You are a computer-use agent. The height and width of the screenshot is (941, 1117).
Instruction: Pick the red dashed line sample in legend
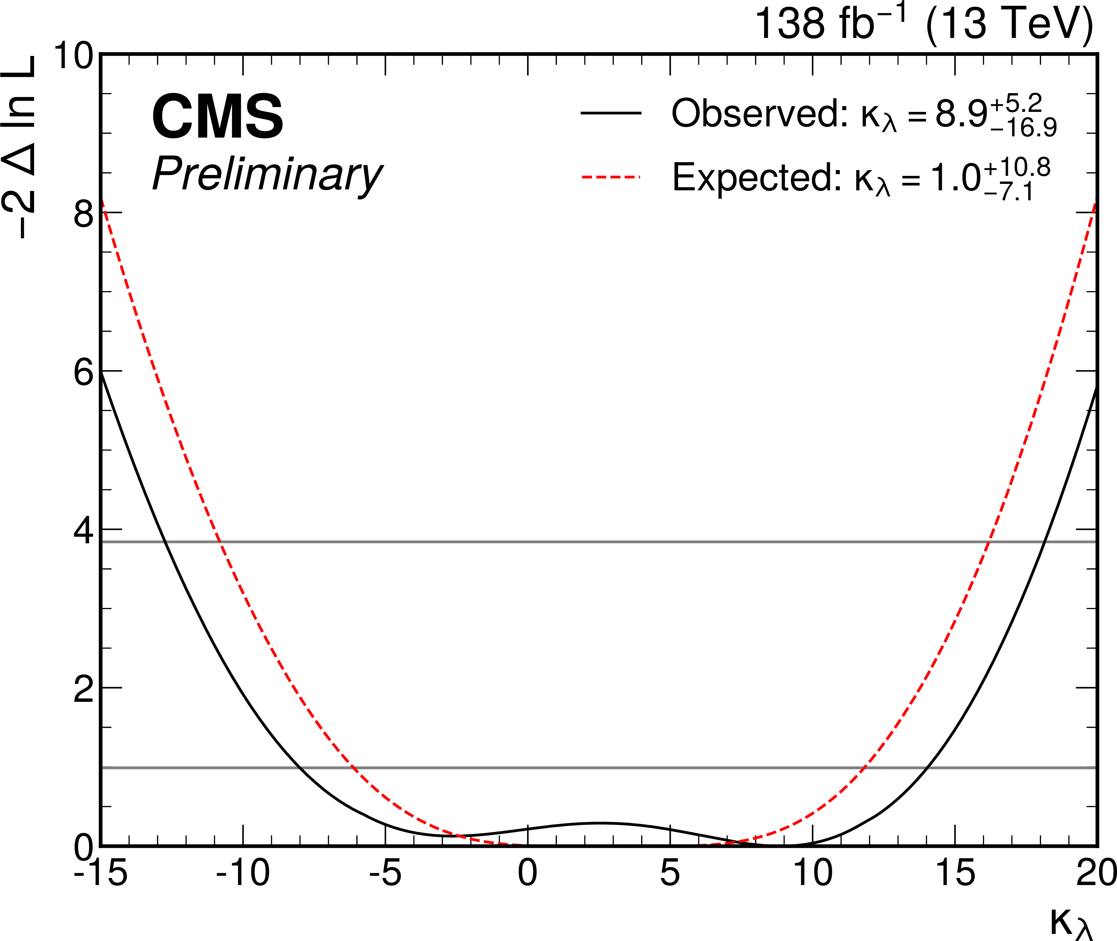click(611, 176)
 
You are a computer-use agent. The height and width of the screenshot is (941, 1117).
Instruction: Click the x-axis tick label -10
click(243, 873)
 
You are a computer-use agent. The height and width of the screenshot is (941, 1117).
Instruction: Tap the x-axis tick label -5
click(385, 873)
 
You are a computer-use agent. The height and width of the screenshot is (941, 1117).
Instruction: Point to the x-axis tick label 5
click(670, 873)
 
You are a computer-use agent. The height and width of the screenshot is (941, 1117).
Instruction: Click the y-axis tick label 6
click(84, 372)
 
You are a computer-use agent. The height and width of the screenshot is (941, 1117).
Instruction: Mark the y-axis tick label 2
click(84, 689)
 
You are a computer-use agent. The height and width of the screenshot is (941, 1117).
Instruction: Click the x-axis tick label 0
click(528, 873)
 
